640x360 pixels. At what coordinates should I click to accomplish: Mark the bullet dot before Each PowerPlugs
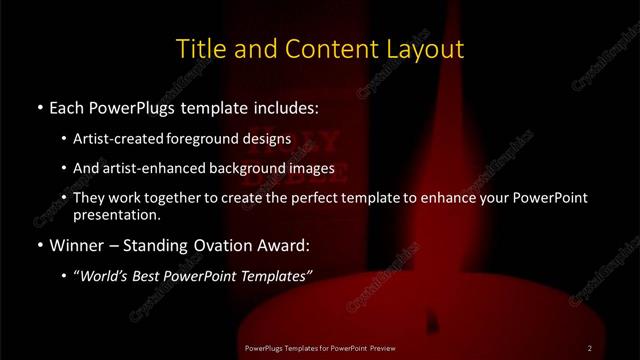coord(39,107)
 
